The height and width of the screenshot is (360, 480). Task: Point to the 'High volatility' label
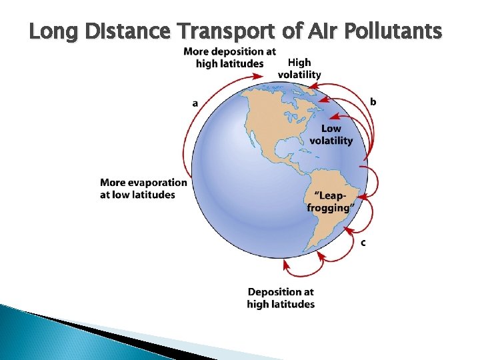299,69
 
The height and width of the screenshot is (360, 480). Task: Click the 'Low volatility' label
331,135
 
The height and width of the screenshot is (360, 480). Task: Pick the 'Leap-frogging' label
329,201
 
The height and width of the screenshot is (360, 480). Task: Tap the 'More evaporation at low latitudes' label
143,188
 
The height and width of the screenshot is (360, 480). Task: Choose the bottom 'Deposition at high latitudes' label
281,298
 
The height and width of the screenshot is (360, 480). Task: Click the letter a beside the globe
195,103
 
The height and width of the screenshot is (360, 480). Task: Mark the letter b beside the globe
373,102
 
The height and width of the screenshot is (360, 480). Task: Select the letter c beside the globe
363,243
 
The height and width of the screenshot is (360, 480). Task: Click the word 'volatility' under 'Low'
331,141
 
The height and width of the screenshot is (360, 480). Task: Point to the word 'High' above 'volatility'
299,63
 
